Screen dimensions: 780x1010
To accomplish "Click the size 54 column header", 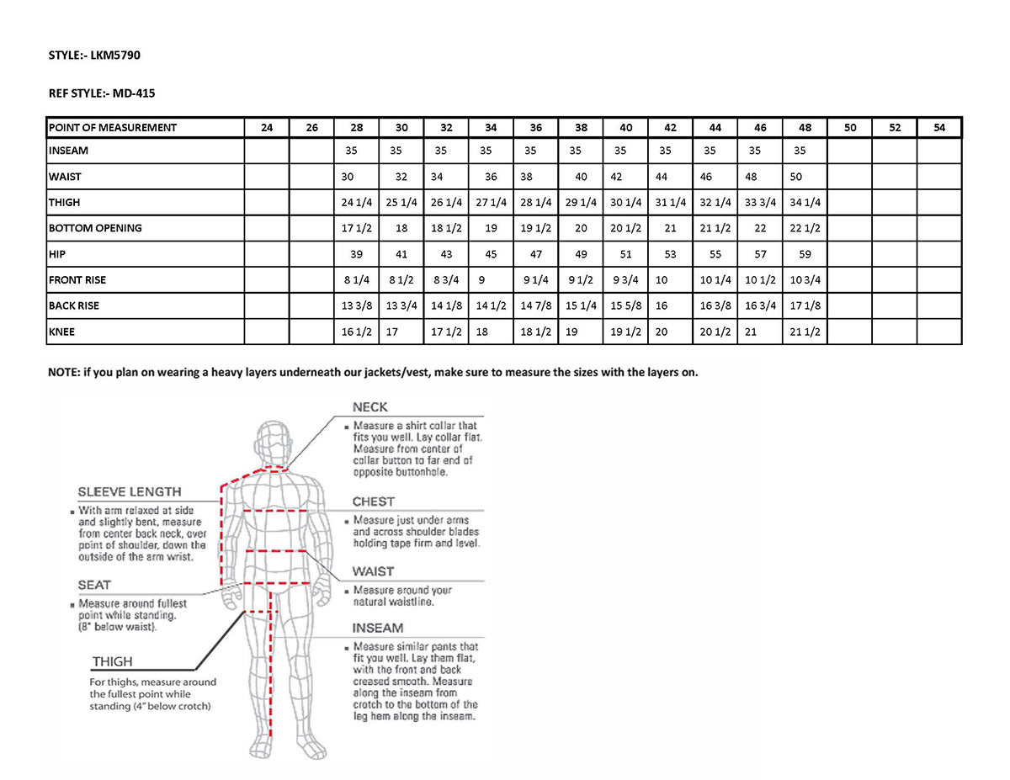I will click(939, 128).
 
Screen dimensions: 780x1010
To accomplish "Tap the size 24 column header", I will click(267, 128).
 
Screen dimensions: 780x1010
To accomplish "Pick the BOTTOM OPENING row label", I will click(95, 228).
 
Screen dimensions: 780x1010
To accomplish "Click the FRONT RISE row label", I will click(77, 280).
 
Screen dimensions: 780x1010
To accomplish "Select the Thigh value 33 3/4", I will click(760, 203).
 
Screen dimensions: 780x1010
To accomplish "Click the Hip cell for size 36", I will click(536, 254).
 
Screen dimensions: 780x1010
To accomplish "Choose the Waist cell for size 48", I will click(805, 178).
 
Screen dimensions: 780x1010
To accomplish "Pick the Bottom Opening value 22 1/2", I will click(805, 228).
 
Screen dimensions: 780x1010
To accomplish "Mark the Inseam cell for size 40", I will click(625, 151).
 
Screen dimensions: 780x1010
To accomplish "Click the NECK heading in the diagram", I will click(370, 407).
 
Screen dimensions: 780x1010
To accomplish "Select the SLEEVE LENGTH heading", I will click(130, 492).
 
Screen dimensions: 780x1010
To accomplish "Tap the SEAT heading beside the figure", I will click(94, 585).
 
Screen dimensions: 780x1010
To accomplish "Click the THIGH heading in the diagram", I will click(113, 662).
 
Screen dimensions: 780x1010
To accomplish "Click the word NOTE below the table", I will click(62, 372).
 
